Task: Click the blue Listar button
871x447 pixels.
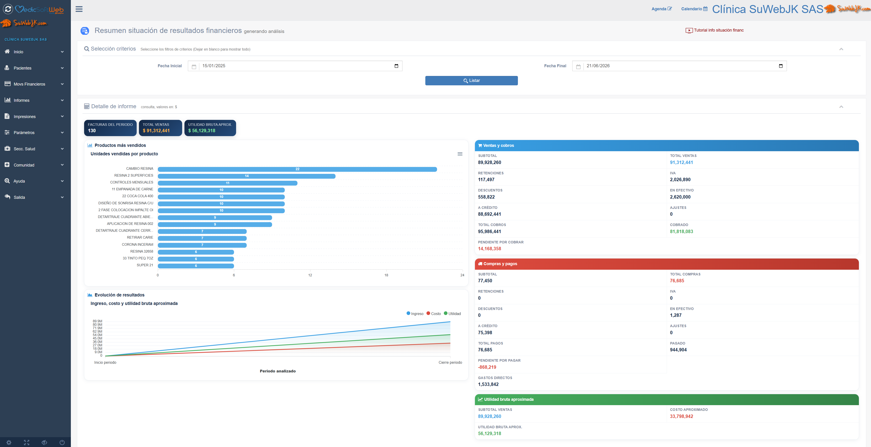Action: [x=471, y=81]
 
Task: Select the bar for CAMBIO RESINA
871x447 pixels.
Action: [x=297, y=169]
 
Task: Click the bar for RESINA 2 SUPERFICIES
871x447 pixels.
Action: [x=247, y=176]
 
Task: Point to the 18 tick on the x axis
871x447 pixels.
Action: [x=386, y=275]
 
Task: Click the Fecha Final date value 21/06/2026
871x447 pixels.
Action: [x=598, y=66]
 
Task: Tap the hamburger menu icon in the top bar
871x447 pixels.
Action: [x=79, y=9]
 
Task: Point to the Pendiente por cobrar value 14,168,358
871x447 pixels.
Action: [x=489, y=249]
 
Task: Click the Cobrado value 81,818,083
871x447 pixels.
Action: [x=681, y=232]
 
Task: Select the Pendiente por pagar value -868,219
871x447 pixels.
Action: [x=487, y=367]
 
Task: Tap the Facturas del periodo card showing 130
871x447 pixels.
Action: [x=110, y=128]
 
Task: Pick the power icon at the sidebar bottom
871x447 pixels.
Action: [x=62, y=442]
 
